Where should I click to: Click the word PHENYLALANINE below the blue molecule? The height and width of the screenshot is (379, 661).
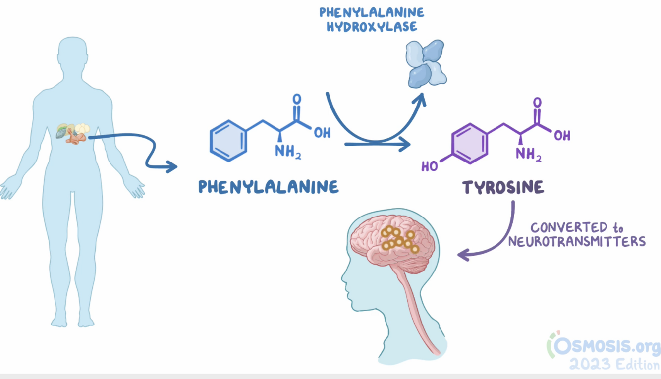point(269,187)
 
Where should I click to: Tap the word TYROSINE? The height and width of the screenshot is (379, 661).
point(503,187)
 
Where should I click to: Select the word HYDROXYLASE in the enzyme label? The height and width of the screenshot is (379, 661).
point(372,26)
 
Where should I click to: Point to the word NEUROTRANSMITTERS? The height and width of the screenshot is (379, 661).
point(577,242)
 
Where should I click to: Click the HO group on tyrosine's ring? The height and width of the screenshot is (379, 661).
point(430,166)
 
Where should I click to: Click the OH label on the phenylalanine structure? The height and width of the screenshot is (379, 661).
point(322,133)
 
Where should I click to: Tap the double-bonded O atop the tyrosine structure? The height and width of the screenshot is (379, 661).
point(538,103)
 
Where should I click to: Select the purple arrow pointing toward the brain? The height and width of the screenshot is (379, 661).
point(488,240)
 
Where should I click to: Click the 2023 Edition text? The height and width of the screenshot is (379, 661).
point(614,365)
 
